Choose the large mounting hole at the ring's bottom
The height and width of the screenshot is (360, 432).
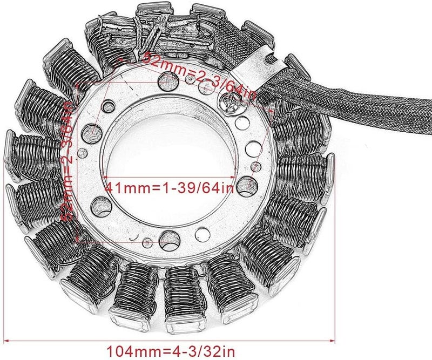pyautogui.click(x=168, y=237)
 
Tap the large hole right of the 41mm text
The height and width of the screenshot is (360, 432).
pyautogui.click(x=246, y=185)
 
